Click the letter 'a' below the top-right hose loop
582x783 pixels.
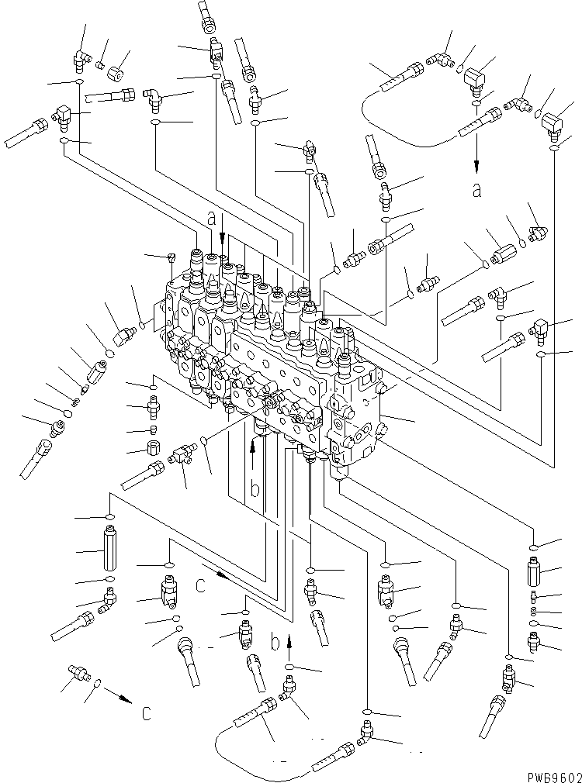[476, 191]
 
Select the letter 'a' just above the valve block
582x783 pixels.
[210, 219]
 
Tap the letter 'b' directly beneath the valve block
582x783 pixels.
[254, 491]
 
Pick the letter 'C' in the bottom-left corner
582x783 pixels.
[145, 713]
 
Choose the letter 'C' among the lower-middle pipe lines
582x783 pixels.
[201, 586]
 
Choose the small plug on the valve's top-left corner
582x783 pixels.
[171, 257]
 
